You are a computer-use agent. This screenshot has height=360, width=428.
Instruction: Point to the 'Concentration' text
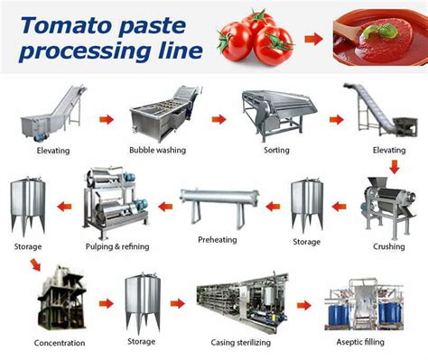tap(60, 344)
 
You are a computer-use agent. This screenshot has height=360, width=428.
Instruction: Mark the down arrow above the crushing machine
tap(395, 167)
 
